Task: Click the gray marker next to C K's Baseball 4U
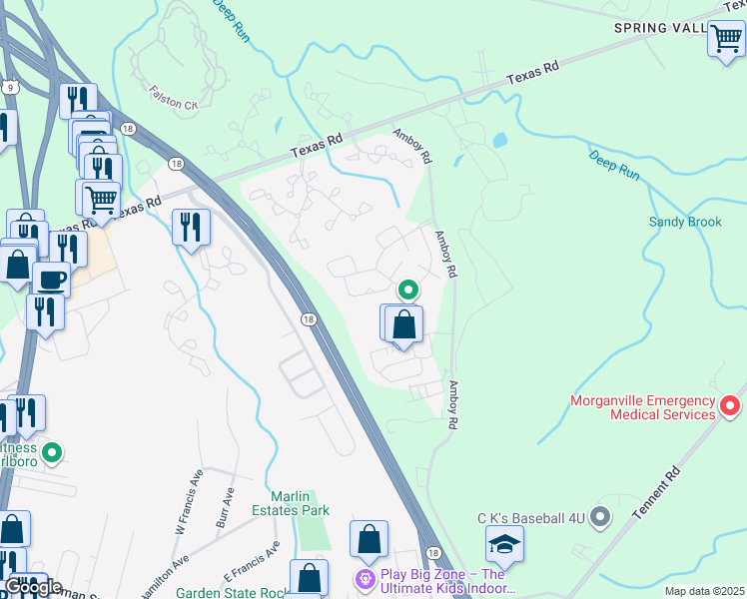pyautogui.click(x=599, y=516)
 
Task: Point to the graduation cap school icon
pyautogui.click(x=504, y=546)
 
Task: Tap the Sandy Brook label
pyautogui.click(x=684, y=222)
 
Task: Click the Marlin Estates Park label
pyautogui.click(x=300, y=503)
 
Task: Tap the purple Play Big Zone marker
pyautogui.click(x=368, y=578)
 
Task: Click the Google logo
pyautogui.click(x=33, y=587)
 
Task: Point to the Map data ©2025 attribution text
pyautogui.click(x=703, y=591)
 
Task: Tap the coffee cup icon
pyautogui.click(x=51, y=280)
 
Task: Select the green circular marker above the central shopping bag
pyautogui.click(x=408, y=290)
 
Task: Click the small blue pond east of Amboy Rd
pyautogui.click(x=498, y=141)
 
